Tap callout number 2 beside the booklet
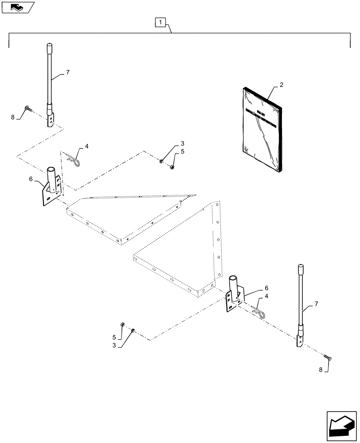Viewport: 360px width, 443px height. coord(282,85)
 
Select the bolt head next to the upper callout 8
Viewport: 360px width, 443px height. coord(29,108)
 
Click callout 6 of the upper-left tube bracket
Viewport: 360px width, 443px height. coord(31,179)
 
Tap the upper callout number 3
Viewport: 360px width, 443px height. coord(182,144)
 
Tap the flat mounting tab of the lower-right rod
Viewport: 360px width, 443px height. coord(300,342)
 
